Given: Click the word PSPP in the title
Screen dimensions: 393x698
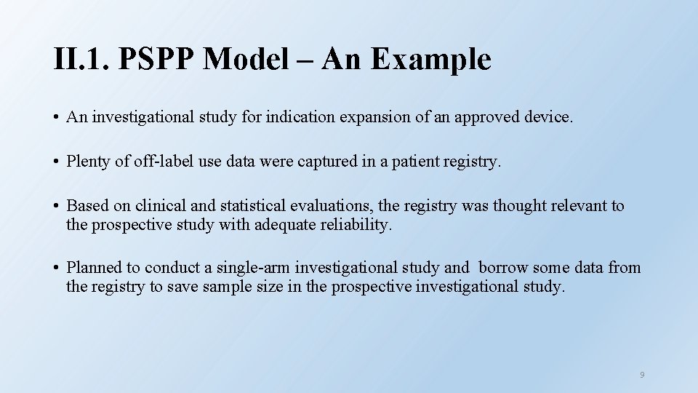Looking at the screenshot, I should coord(156,60).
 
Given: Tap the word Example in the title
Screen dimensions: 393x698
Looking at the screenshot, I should coord(431,60).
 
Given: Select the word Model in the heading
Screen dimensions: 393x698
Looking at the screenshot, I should coord(244,60).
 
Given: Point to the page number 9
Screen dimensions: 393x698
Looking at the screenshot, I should coord(642,375).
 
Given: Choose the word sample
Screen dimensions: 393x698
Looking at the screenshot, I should coord(226,287).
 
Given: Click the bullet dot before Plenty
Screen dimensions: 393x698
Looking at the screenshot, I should coord(56,162).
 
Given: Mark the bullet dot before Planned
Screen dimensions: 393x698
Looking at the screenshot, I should coord(56,269).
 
